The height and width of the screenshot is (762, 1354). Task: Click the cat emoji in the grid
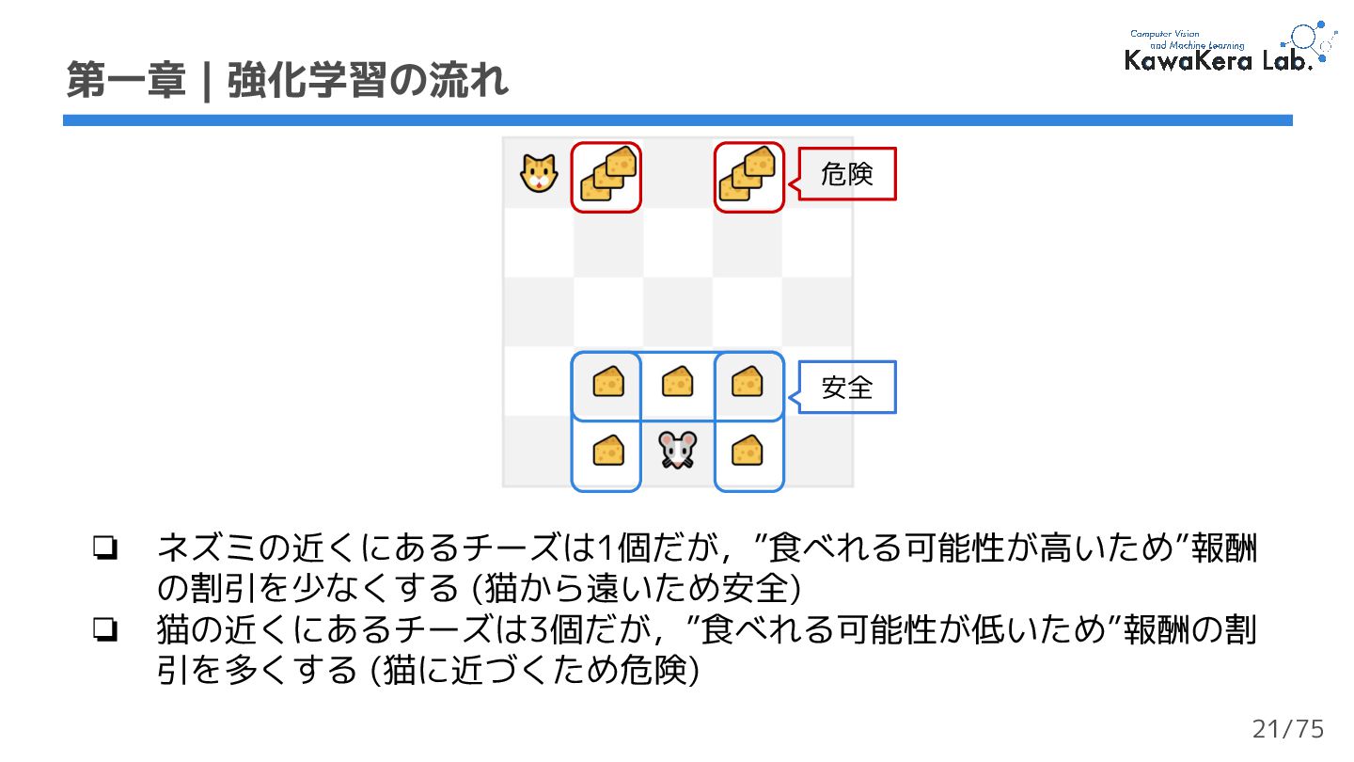coord(539,174)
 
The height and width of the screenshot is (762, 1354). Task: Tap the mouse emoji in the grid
coord(677,452)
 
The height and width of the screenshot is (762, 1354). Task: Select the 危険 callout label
coord(847,174)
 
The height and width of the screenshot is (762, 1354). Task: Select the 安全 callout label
coord(847,387)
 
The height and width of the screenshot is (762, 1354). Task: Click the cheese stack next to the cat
coord(607,177)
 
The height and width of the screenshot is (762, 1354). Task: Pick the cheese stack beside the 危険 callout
coord(749,177)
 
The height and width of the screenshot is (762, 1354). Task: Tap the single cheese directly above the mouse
coord(677,382)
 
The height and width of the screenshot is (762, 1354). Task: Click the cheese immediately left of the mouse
coord(607,452)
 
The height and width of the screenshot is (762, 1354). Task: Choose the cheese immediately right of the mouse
coord(748,452)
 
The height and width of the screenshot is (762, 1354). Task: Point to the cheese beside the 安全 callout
coord(748,382)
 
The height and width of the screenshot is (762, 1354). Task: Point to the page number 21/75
coord(1288,729)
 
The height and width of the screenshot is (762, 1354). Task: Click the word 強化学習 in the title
coord(307,83)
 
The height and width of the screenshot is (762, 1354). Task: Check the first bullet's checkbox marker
coord(104,548)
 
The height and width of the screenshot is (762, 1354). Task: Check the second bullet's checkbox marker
coord(104,629)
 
